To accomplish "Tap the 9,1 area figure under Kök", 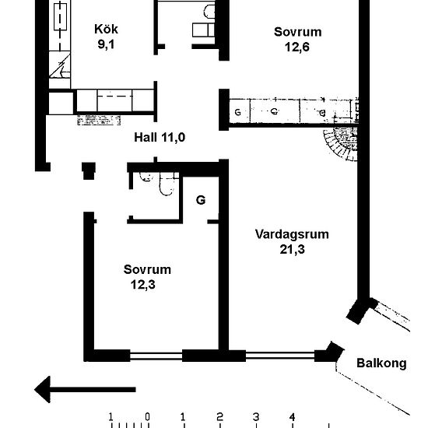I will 106,44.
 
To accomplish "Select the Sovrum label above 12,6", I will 297,32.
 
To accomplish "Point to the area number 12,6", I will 297,46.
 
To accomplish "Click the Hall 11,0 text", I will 160,138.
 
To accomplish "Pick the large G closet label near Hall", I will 200,200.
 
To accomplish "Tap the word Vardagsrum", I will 292,234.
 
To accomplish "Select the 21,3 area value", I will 292,249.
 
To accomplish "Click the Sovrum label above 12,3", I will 147,270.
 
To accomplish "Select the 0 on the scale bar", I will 147,416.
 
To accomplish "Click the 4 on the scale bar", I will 293,416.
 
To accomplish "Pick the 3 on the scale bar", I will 256,416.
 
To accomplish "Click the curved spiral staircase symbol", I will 340,146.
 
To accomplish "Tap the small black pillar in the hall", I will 89,170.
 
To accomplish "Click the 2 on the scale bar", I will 219,416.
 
